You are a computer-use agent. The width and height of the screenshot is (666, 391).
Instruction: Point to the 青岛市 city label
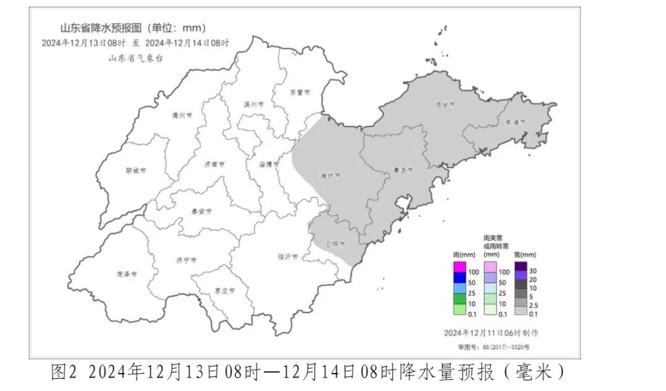pos(403,170)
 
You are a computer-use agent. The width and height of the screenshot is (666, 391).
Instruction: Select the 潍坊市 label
pos(331,176)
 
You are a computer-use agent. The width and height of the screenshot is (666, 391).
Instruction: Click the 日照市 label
pos(335,244)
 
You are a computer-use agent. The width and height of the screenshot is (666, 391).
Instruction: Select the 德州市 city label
pos(182,115)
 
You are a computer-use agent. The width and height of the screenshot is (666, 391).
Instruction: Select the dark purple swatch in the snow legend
pos(520,266)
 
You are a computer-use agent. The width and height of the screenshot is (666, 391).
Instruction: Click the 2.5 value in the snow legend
pos(536,305)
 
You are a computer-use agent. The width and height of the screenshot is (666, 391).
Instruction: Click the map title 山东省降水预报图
pos(101,28)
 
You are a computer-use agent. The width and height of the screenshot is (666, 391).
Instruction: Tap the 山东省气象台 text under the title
pos(136,58)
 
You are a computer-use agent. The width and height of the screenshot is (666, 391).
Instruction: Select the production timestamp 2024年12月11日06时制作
pos(491,332)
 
